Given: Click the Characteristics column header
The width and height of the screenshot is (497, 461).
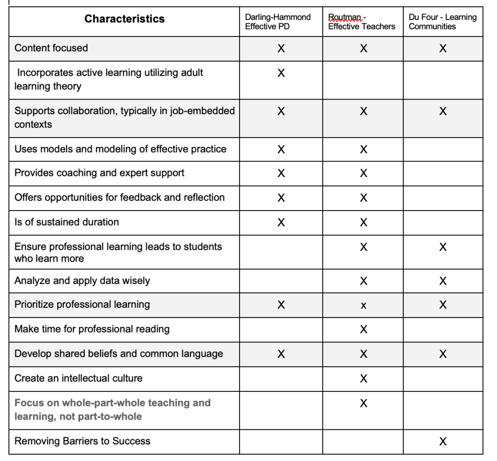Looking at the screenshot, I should tap(124, 19).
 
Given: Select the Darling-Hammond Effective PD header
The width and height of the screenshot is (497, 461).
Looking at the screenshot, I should tap(277, 22).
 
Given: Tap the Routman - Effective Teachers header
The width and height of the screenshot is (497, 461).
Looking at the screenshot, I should tap(361, 22).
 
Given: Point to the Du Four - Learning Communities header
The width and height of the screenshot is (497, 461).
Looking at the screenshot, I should tap(443, 22).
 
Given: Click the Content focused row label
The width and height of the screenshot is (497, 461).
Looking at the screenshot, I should tap(51, 48).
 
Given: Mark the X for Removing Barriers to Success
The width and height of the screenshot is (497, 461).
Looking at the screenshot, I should tap(443, 442).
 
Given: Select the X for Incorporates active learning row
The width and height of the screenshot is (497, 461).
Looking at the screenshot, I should tap(281, 73).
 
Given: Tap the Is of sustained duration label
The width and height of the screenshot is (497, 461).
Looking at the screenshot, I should tap(67, 222).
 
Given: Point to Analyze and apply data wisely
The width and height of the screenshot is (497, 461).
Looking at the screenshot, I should tap(82, 281).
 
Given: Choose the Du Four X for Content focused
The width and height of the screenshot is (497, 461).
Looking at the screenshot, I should tap(443, 49).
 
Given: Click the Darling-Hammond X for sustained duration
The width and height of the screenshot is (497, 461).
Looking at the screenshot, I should tap(281, 223).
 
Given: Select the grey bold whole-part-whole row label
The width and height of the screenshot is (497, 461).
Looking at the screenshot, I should tap(112, 409).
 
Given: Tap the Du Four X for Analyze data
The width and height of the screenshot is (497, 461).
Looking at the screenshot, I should tap(443, 281).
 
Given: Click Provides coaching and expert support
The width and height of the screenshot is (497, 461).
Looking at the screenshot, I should tap(99, 173).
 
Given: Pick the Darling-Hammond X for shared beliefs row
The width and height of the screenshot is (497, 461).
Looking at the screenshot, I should tap(281, 355).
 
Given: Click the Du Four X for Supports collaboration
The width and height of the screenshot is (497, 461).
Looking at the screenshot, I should tap(443, 111).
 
